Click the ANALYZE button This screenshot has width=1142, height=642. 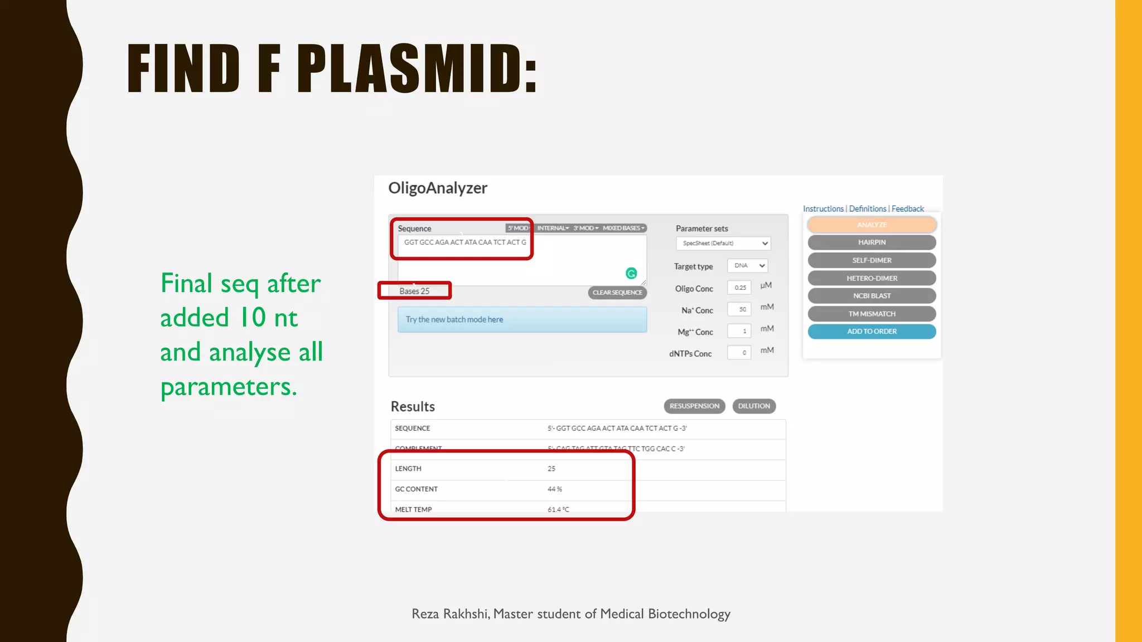tap(872, 225)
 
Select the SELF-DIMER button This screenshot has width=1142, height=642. tap(872, 260)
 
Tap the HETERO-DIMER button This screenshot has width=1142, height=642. tap(872, 278)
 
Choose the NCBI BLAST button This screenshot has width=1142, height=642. tap(872, 296)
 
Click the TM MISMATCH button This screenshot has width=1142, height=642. tap(872, 314)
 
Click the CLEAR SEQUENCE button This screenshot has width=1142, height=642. tap(617, 293)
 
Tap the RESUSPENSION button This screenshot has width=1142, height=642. tap(694, 406)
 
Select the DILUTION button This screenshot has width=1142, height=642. tap(754, 406)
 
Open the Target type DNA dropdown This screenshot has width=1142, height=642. tap(748, 266)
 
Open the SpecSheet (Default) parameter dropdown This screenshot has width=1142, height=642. tap(723, 244)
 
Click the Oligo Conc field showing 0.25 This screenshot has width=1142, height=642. tap(739, 288)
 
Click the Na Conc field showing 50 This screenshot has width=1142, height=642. tap(739, 309)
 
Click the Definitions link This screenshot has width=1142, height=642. tap(867, 208)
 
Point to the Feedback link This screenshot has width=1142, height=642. tap(907, 208)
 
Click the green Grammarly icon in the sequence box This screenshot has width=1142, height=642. tap(631, 273)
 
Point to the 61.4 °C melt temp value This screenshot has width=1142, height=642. tap(558, 509)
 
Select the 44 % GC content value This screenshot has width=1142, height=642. tap(555, 489)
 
